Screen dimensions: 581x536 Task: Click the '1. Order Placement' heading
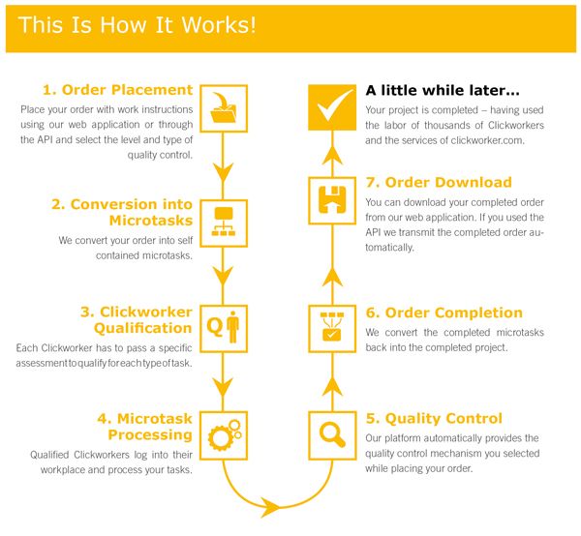coord(118,90)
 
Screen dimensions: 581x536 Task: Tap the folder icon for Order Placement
coord(224,108)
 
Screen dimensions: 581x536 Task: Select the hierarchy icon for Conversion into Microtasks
coord(224,223)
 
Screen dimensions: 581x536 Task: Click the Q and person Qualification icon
coord(224,329)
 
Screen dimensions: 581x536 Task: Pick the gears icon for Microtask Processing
coord(224,435)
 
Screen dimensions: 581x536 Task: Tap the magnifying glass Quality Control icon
coord(332,435)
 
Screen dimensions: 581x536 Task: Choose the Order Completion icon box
coord(332,329)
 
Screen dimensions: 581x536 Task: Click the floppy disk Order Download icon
coord(332,200)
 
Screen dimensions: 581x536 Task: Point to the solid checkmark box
coord(332,107)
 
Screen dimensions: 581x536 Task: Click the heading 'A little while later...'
coord(443,90)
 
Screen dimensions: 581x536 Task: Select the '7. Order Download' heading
coord(439,183)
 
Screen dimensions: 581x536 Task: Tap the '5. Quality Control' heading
coord(434,419)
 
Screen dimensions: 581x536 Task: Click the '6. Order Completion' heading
coord(443,313)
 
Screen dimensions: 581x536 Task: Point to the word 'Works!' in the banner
coord(219,25)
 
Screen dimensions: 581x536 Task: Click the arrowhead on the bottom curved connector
coord(270,507)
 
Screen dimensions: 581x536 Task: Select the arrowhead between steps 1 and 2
coord(223,172)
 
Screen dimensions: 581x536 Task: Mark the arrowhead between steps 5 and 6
coord(332,387)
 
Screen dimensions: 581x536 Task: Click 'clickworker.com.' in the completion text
coord(488,140)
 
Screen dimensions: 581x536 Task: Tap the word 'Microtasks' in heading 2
coord(151,221)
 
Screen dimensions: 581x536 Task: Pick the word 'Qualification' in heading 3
coord(143,328)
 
